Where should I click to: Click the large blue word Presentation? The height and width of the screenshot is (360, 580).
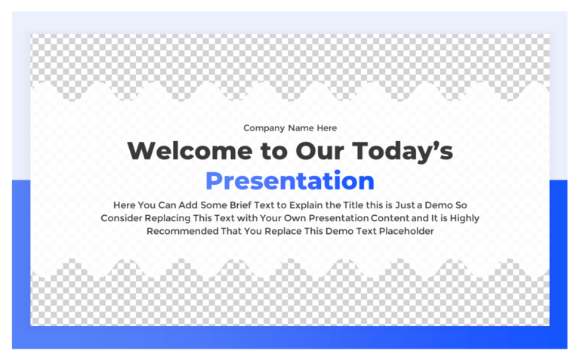[x=289, y=181]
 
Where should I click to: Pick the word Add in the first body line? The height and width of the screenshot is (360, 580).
[x=193, y=205]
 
